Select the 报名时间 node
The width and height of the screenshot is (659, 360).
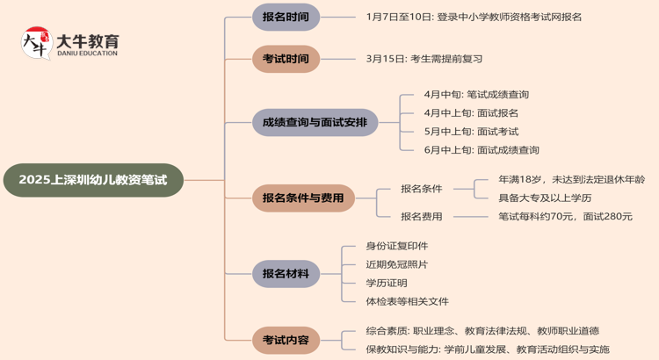[286, 17]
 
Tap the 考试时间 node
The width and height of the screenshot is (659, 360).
[286, 59]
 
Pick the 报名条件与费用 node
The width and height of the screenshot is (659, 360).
[303, 198]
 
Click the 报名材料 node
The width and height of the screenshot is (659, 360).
[286, 274]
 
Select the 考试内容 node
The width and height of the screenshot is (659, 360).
[286, 338]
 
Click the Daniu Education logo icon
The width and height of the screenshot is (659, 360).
[36, 44]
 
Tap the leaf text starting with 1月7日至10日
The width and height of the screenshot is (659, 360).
[474, 17]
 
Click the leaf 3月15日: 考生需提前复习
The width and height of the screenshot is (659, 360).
[424, 59]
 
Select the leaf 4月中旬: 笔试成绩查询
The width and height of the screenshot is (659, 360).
[476, 94]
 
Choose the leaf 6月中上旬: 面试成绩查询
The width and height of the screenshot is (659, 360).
[482, 150]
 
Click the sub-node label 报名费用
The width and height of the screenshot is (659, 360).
[422, 216]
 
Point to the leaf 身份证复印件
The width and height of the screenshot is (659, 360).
[397, 246]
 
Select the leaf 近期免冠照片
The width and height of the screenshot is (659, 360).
[397, 264]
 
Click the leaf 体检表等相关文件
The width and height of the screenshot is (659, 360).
[407, 301]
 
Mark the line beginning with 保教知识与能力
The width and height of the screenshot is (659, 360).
[488, 349]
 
